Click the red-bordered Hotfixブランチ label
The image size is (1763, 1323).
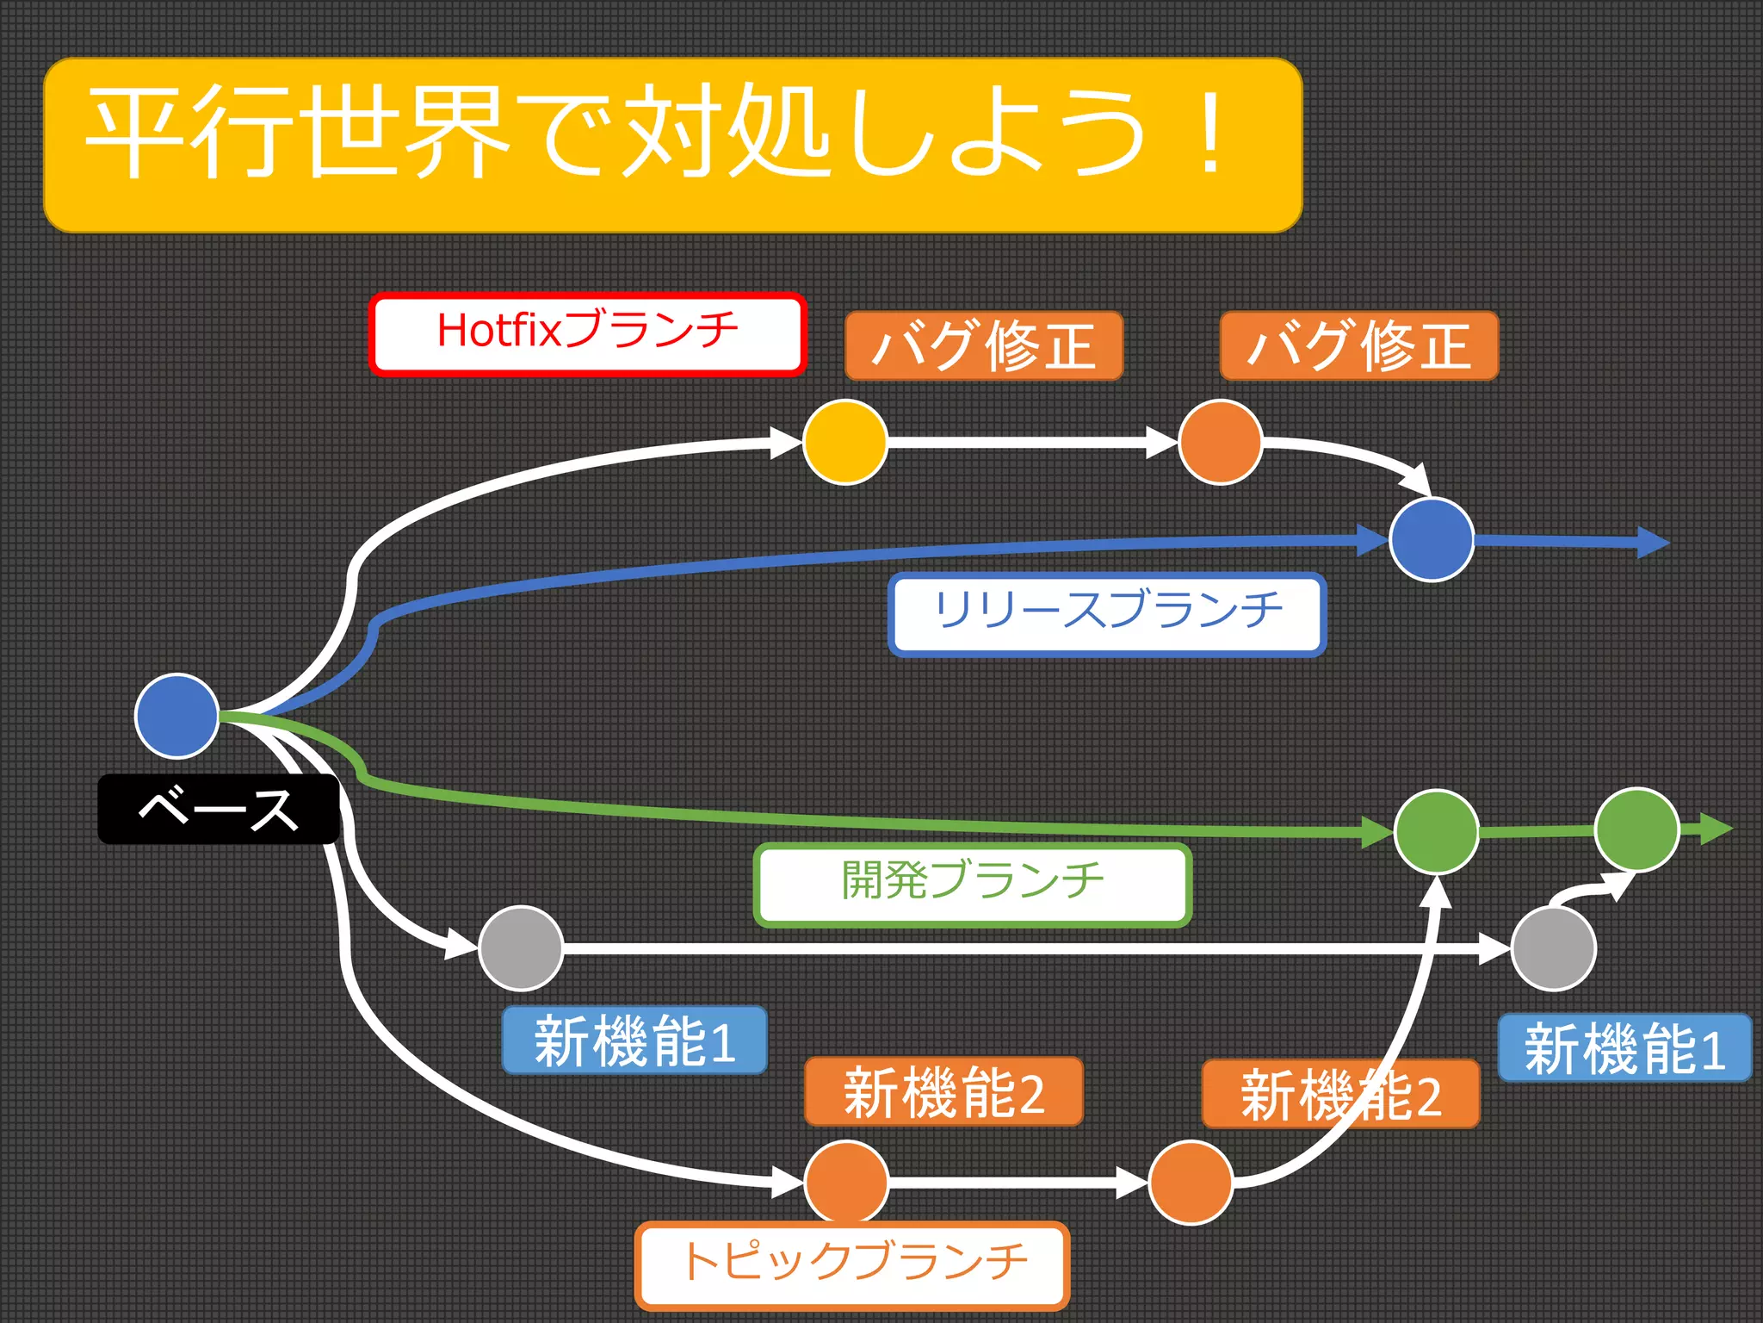(587, 334)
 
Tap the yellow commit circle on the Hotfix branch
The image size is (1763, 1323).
(844, 442)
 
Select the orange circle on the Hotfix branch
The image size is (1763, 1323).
(1220, 442)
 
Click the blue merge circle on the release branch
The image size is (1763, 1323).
(1432, 540)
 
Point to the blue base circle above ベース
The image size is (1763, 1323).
(177, 716)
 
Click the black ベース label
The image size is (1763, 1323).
(219, 810)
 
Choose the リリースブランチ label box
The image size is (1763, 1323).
(1107, 614)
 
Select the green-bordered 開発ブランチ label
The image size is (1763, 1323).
(973, 885)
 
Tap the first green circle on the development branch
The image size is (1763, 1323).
(1437, 832)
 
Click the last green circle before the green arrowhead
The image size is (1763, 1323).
(1636, 829)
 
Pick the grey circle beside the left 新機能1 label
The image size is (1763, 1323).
(521, 948)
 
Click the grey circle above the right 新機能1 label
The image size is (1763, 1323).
(1554, 949)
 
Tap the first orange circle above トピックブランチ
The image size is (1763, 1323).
(846, 1182)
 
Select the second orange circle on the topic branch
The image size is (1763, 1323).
(1191, 1182)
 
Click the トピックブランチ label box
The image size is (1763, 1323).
(852, 1264)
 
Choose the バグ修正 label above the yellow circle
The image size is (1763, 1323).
(984, 346)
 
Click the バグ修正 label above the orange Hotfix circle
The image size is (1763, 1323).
(1359, 346)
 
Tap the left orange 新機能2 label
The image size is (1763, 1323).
(943, 1092)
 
